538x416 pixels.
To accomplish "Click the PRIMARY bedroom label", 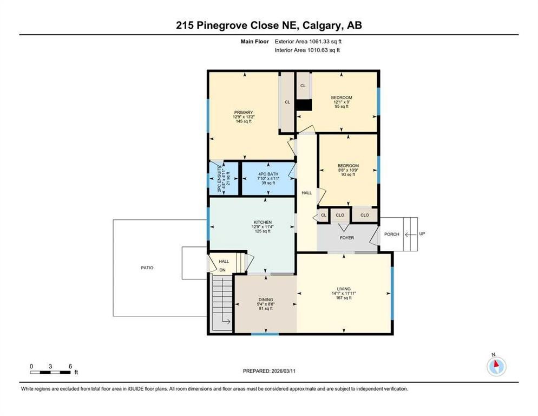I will (244, 113).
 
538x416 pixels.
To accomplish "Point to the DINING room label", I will (266, 300).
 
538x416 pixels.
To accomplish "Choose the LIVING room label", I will (344, 289).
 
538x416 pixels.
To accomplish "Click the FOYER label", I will (346, 237).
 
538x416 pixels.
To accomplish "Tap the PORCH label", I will (391, 235).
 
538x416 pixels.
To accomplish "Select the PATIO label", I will (147, 267).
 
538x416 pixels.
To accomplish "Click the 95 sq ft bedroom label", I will (342, 98).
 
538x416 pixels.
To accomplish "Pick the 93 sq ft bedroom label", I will (348, 166).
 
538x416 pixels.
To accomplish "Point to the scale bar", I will (51, 372).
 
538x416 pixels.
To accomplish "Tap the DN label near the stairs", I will (222, 269).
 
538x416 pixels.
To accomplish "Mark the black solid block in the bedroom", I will (304, 105).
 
